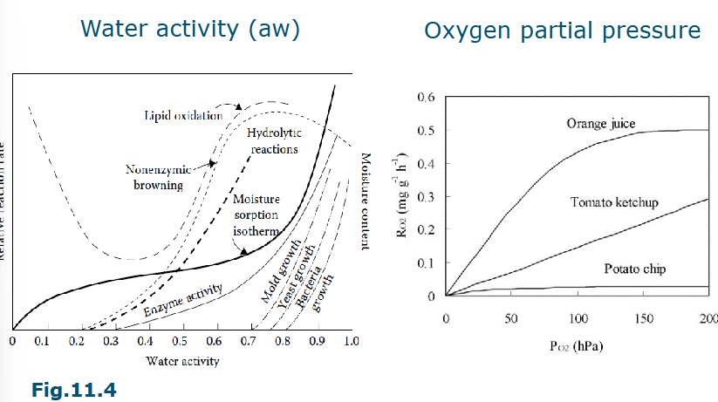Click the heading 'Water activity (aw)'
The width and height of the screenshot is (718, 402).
click(189, 29)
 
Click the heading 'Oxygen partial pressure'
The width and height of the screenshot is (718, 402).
click(562, 31)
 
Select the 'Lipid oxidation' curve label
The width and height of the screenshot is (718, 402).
click(179, 114)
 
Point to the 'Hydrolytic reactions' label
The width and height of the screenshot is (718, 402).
click(272, 140)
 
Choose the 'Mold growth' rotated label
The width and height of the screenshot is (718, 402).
click(282, 270)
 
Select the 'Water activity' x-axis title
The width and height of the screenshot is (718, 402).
click(181, 359)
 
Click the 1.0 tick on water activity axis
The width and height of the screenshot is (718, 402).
click(351, 340)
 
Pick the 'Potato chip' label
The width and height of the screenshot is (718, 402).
click(634, 269)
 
